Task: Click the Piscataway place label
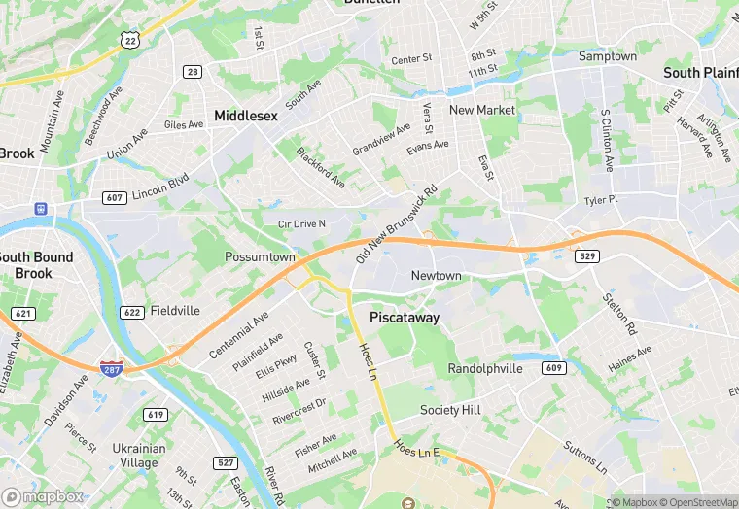405,318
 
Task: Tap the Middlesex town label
246,115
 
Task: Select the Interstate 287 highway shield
112,367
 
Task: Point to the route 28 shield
193,72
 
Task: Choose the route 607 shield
114,197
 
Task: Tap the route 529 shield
586,256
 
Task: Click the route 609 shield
553,367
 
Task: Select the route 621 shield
22,314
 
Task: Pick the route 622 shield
132,312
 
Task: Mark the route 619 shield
155,415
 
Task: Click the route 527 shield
227,462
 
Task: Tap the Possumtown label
260,257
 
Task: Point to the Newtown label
436,276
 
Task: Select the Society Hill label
450,410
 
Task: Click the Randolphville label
485,369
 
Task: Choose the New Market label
482,110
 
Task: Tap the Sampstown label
608,56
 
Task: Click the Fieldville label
175,312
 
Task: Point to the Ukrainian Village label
138,456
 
